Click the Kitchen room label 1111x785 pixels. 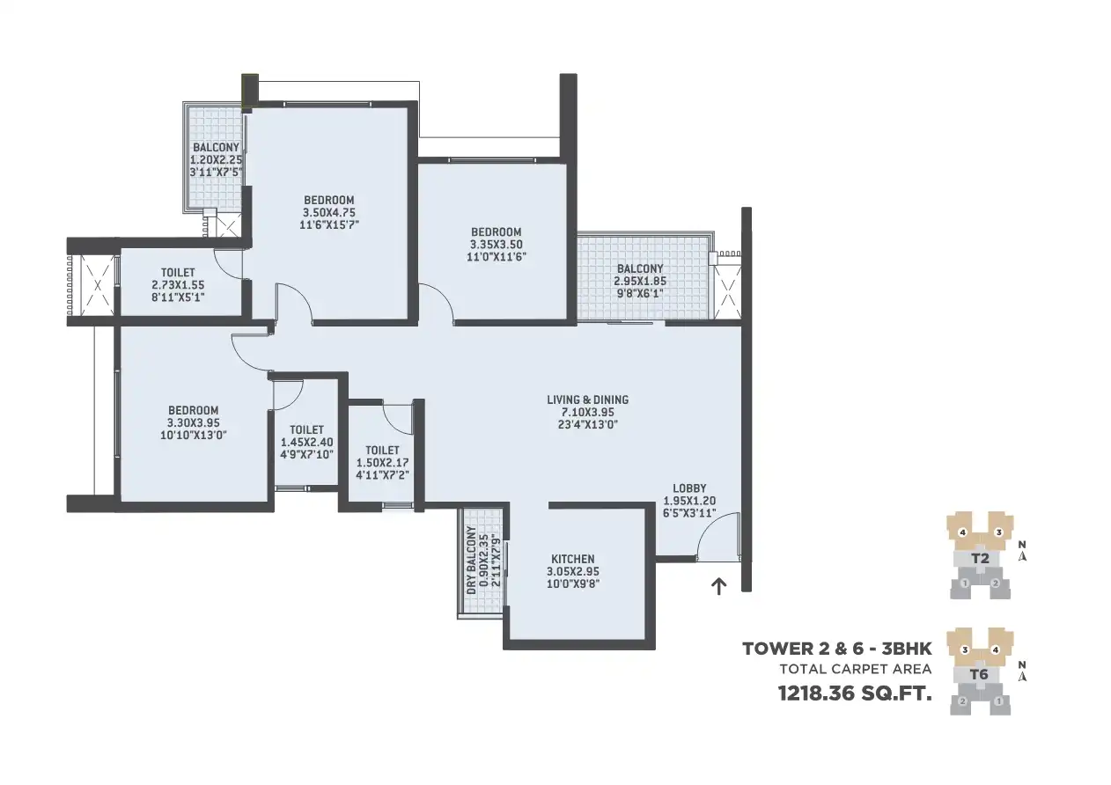point(573,558)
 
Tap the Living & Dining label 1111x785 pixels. point(588,400)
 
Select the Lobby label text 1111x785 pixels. point(689,488)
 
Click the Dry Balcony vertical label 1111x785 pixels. point(472,560)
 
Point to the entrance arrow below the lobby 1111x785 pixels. point(718,587)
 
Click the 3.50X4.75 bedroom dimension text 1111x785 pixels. point(329,213)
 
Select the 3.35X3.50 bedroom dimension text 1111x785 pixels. point(496,245)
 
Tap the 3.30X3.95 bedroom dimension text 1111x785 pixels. point(194,423)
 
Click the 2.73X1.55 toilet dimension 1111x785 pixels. point(178,285)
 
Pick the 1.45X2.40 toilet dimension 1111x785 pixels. point(307,443)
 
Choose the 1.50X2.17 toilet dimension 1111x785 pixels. point(382,463)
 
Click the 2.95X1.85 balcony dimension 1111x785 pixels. point(640,281)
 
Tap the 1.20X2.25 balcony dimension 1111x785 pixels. point(216,160)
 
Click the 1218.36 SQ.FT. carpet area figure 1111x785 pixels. point(855,693)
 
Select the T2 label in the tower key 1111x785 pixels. point(980,558)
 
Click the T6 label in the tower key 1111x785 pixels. point(979,674)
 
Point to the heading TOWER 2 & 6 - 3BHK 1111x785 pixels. point(836,649)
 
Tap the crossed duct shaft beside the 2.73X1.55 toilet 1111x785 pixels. point(97,285)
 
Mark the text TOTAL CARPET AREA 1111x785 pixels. point(856,670)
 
